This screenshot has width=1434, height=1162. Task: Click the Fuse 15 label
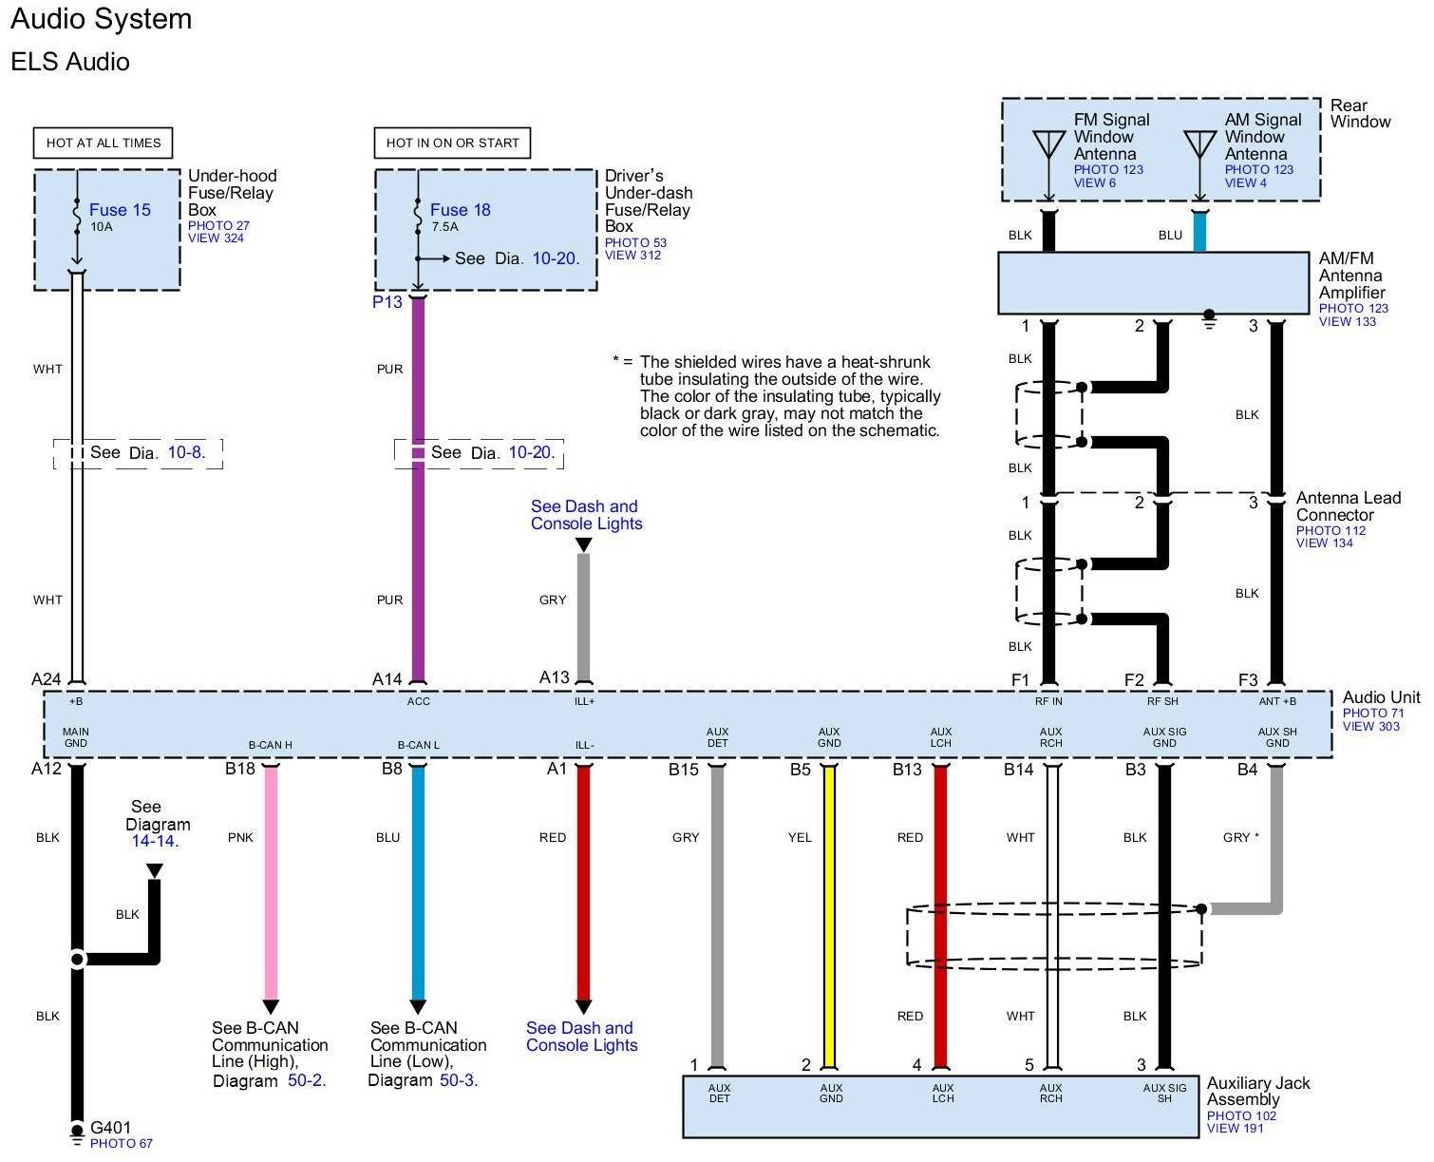120,210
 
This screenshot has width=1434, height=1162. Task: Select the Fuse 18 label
460,210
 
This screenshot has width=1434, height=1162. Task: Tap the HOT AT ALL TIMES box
104,143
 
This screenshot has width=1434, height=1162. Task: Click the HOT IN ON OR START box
452,143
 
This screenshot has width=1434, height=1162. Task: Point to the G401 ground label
110,1129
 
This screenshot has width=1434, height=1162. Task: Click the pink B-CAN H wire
271,884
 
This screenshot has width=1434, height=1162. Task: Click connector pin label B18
239,769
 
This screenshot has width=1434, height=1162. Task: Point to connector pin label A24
47,679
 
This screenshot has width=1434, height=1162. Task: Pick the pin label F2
1134,679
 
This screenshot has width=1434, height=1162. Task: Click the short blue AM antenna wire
1199,232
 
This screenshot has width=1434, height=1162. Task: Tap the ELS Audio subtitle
70,62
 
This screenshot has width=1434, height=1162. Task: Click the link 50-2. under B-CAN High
307,1080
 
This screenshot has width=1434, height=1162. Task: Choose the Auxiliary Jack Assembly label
1257,1091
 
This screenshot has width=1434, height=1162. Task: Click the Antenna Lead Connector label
1348,506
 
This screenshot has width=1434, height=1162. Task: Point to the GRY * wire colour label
1240,837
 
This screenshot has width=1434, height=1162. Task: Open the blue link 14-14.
155,841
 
